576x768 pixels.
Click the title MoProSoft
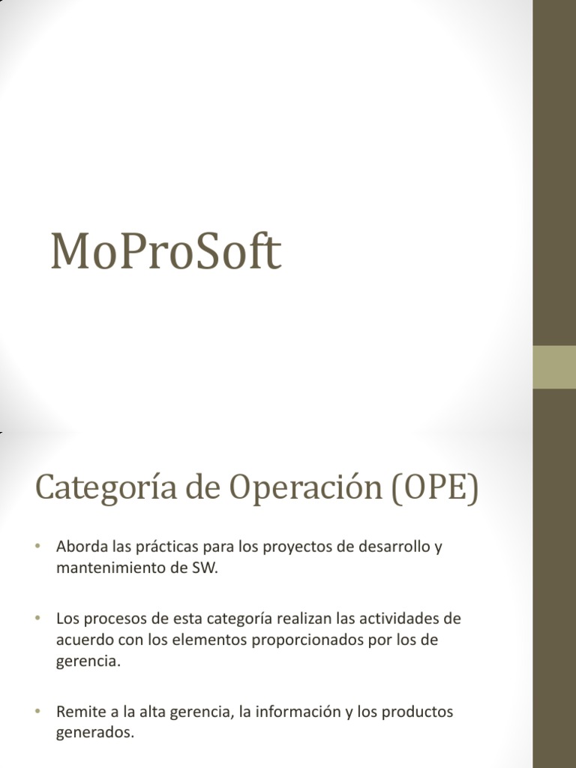click(x=165, y=252)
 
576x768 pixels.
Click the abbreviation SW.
click(x=205, y=568)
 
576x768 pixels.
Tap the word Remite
click(x=79, y=712)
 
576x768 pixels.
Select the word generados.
click(x=95, y=733)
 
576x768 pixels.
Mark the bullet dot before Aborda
click(x=36, y=547)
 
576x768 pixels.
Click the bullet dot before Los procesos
click(x=36, y=619)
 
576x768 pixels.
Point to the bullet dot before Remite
click(x=36, y=712)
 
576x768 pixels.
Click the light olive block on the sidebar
click(x=554, y=367)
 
